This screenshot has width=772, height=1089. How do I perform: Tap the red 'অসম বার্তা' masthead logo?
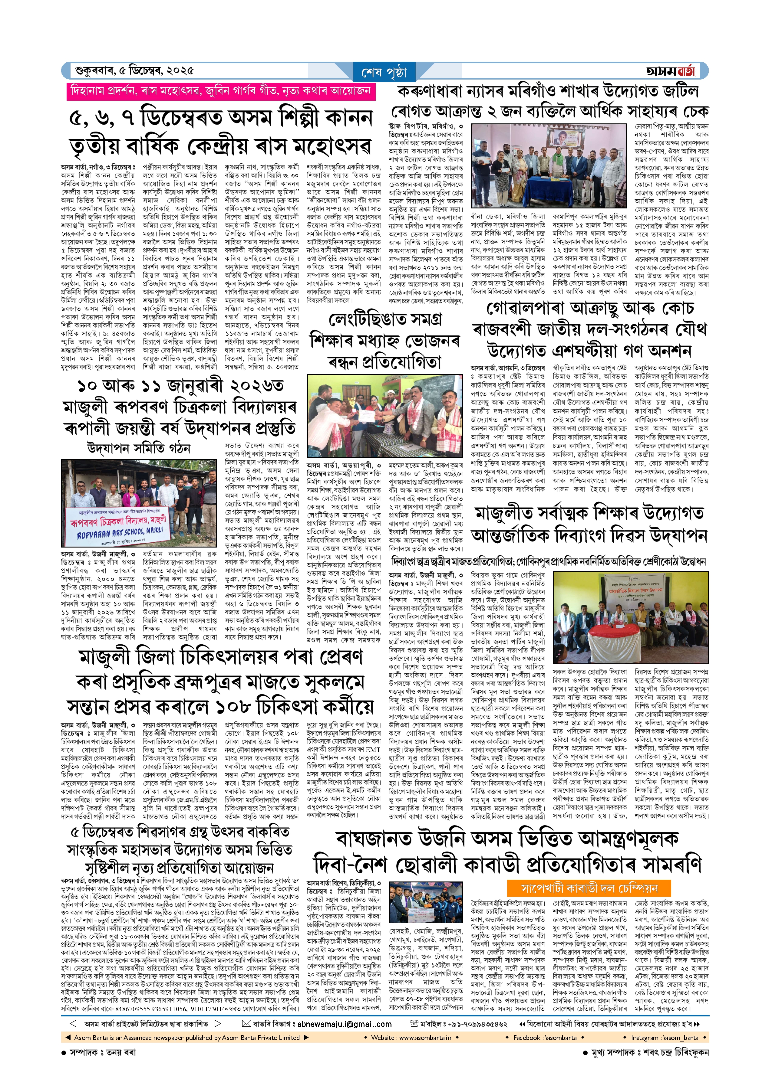coord(670,71)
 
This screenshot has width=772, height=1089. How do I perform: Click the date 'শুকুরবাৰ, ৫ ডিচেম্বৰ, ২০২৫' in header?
coord(134,71)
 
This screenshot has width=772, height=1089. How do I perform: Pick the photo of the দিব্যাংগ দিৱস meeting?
coord(630,617)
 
